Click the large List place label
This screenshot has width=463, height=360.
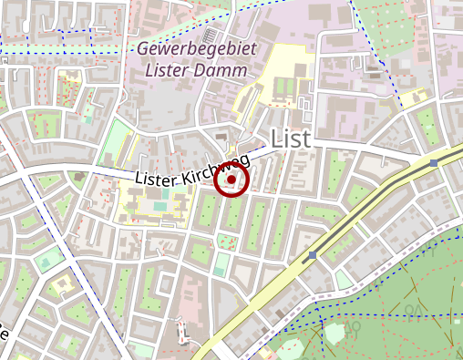click(291, 139)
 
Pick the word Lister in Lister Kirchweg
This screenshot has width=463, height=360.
click(155, 178)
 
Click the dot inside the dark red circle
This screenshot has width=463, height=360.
click(232, 180)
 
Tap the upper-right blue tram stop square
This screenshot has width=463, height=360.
click(435, 163)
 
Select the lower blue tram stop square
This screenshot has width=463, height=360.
click(313, 255)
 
